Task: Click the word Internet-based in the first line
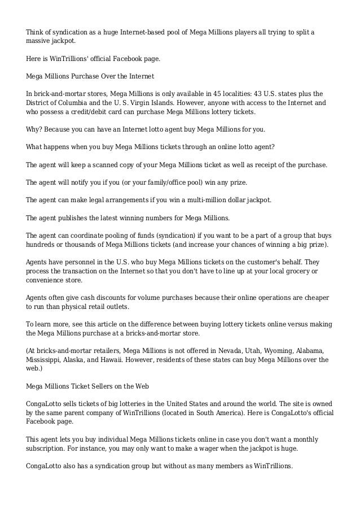[x=147, y=30]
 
